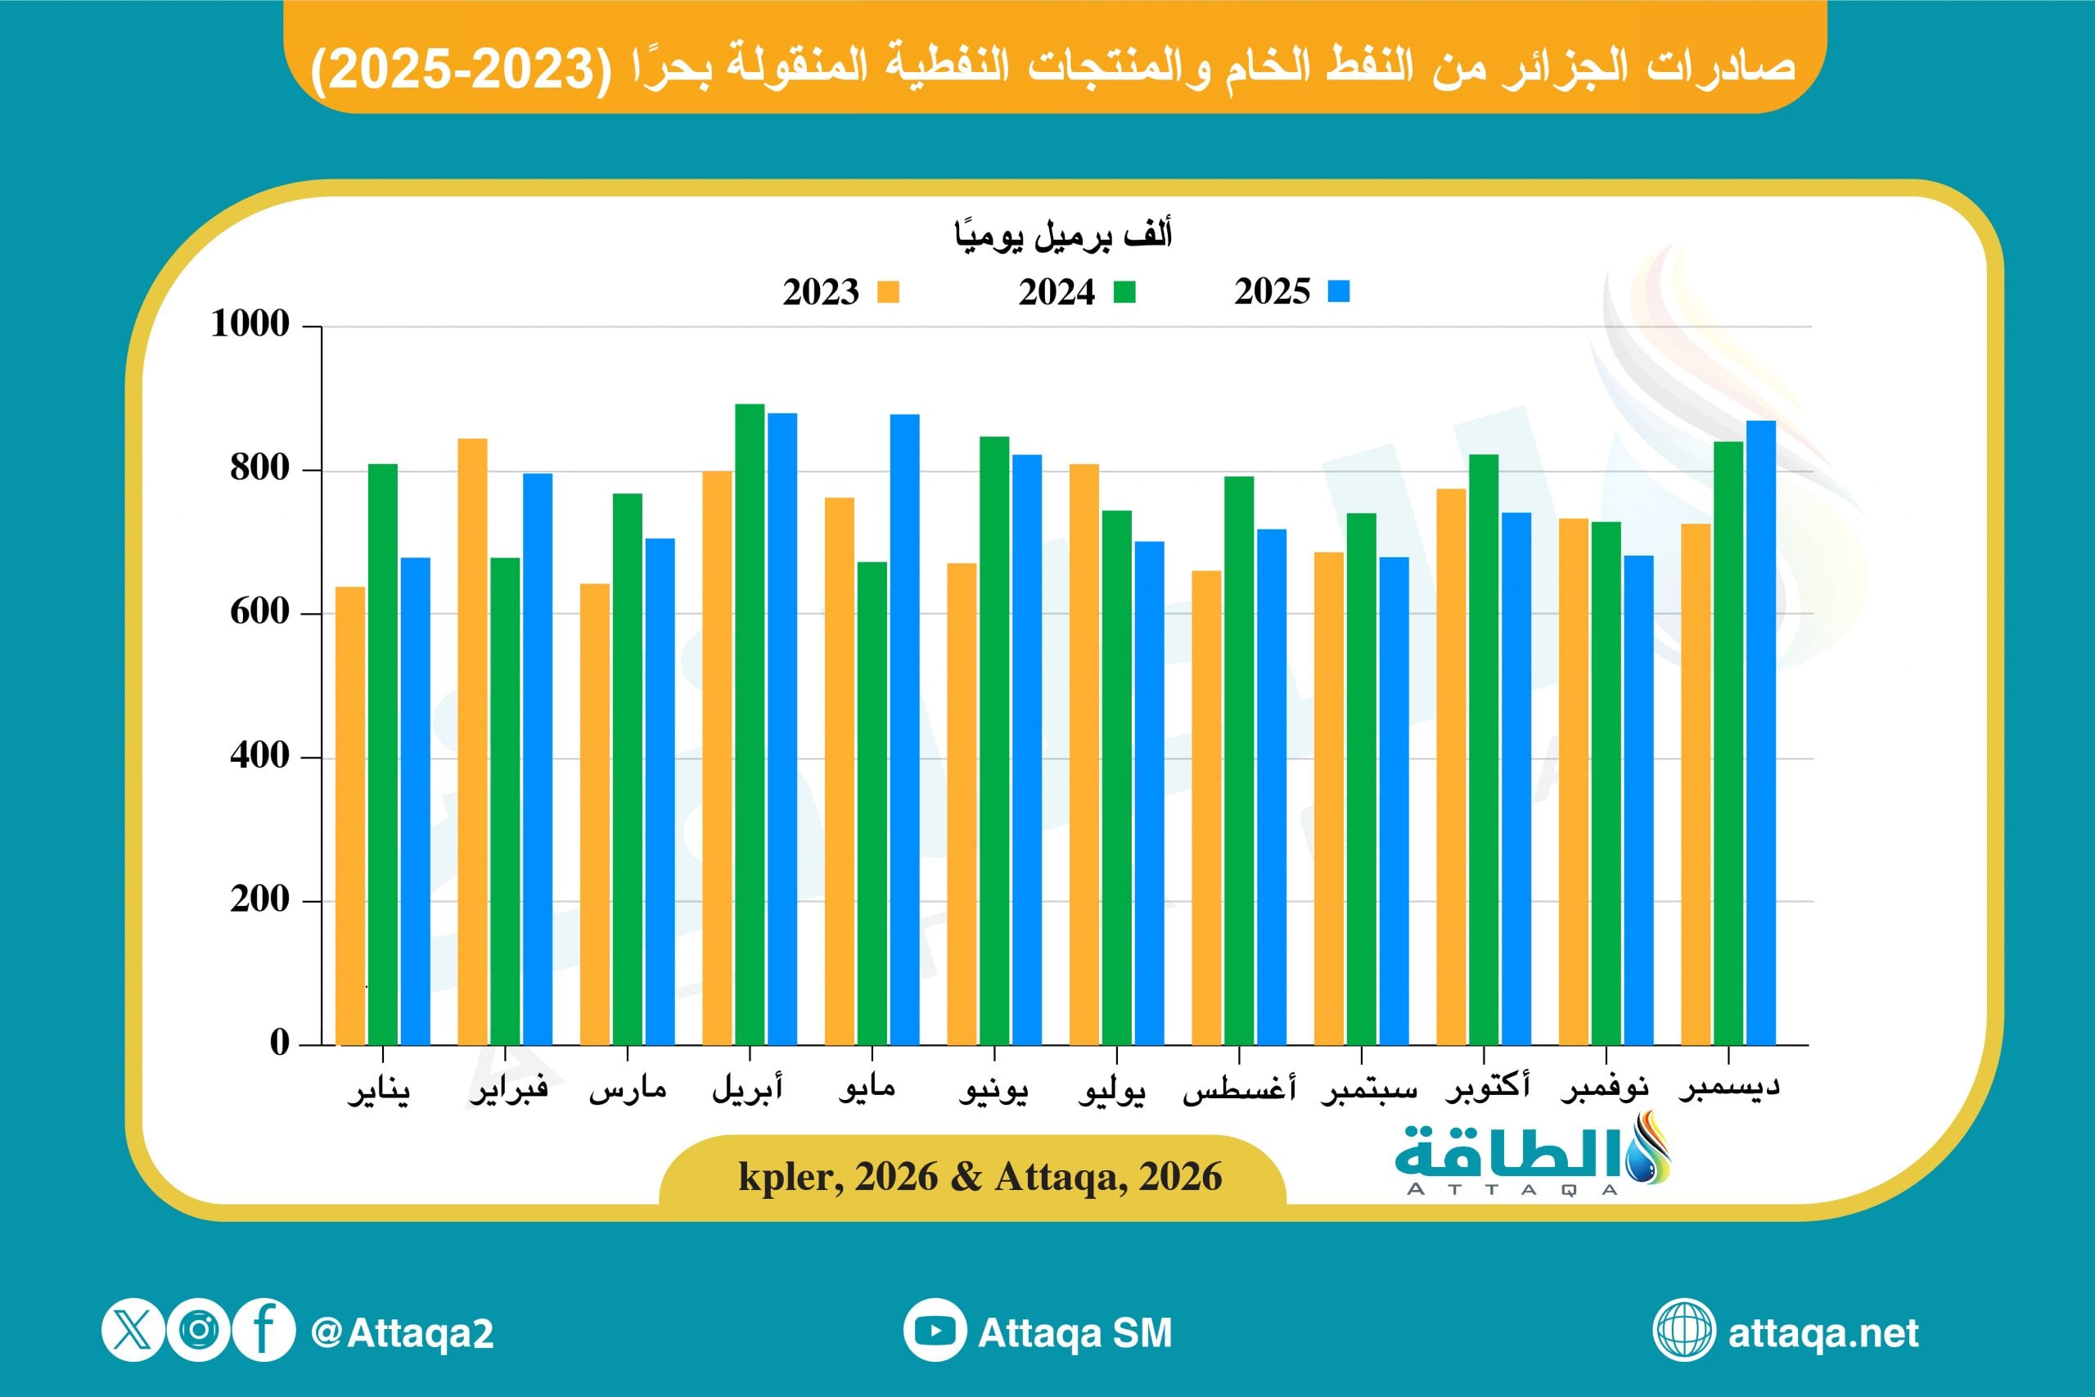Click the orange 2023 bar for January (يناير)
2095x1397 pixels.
350,815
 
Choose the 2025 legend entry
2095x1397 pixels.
1291,291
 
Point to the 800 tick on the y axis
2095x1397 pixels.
259,469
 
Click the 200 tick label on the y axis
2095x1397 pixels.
259,900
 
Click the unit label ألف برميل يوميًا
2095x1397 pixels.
1063,236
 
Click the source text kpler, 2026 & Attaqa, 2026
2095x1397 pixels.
980,1177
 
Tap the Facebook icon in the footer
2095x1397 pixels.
264,1332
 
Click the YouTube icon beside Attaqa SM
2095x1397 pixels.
935,1332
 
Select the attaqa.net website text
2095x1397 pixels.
1822,1333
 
